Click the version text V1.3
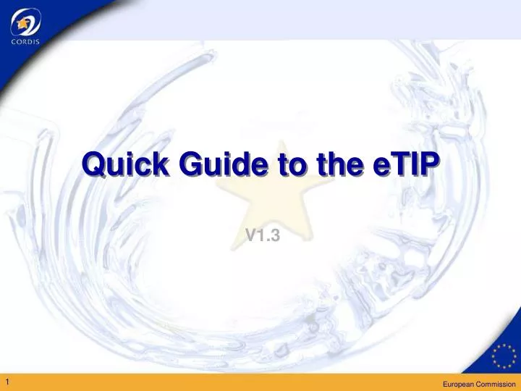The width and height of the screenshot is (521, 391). click(262, 234)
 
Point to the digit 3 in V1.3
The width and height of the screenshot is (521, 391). click(275, 234)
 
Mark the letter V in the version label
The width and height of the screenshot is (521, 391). click(249, 234)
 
